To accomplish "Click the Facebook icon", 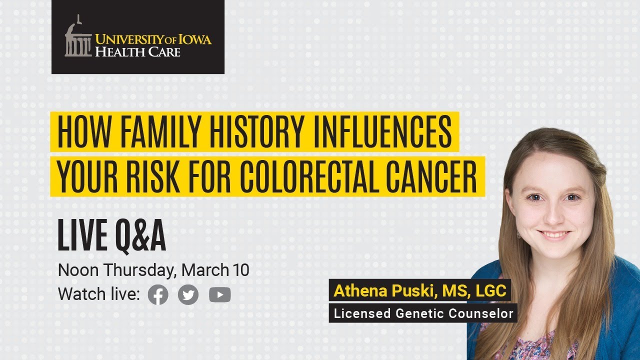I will (158, 295).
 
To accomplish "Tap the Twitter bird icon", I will (188, 295).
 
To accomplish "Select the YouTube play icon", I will (220, 295).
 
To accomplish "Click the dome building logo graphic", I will (78, 39).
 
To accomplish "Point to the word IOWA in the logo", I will (196, 39).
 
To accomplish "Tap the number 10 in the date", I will (240, 270).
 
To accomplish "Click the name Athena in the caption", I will (356, 290).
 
